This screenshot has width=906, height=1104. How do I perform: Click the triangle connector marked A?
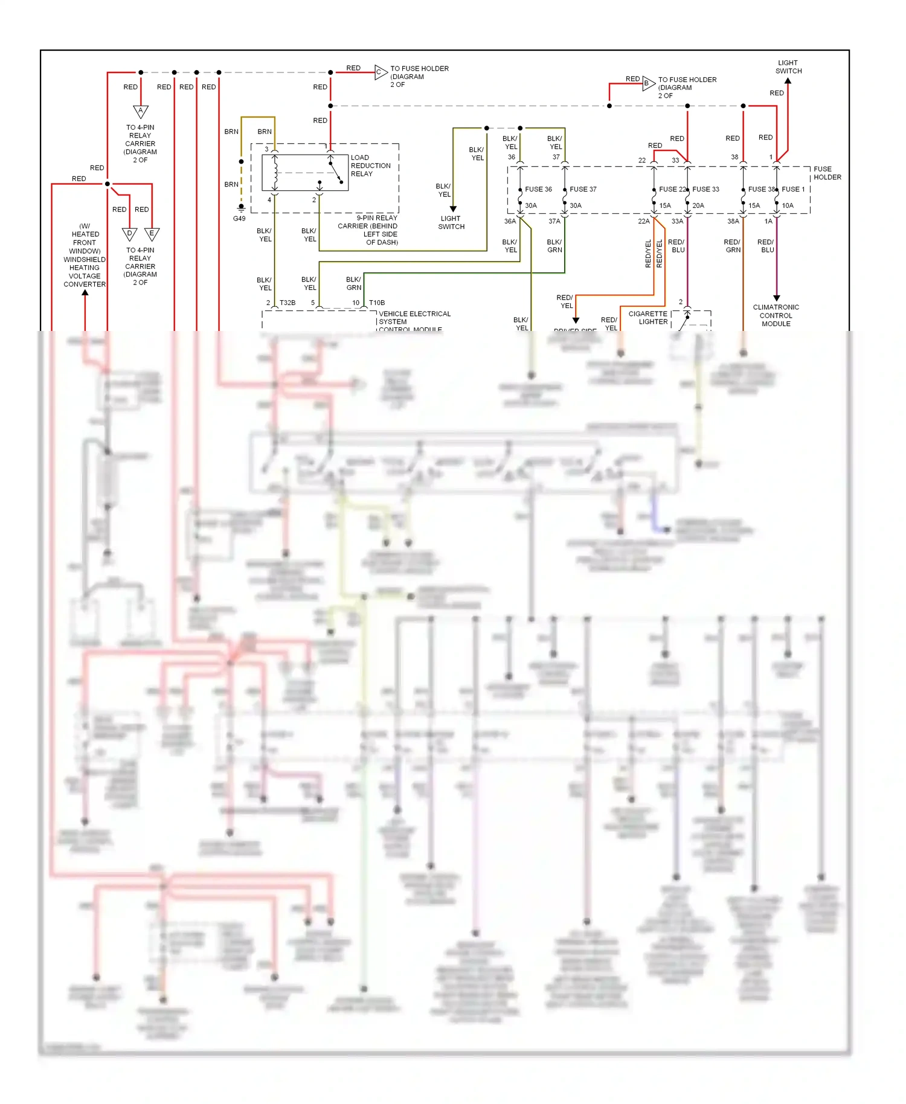[x=141, y=111]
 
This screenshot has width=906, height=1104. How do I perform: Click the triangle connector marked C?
[x=380, y=72]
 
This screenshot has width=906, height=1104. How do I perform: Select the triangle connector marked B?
[x=647, y=83]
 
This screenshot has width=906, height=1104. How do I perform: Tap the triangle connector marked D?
[x=130, y=234]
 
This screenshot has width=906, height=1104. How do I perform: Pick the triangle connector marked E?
[x=152, y=234]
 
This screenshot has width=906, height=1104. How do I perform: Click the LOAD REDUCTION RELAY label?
[x=370, y=165]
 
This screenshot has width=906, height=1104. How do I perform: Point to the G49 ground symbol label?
[x=239, y=219]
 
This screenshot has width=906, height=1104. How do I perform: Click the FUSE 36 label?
[x=538, y=189]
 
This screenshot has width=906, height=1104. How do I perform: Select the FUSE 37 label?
[x=583, y=189]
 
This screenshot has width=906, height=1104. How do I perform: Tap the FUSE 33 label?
[x=705, y=189]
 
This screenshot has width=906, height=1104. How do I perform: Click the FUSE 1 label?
[x=793, y=189]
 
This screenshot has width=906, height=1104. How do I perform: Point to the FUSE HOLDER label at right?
[x=827, y=173]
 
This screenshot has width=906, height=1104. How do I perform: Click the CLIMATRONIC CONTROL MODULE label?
[x=776, y=315]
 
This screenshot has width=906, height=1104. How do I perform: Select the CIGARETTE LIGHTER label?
[x=649, y=318]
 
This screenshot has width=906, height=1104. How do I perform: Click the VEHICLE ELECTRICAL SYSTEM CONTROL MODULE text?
[x=414, y=321]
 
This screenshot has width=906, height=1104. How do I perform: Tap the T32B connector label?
[x=288, y=303]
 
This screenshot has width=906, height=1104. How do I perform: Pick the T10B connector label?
[x=377, y=303]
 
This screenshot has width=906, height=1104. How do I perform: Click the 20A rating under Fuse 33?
[x=698, y=205]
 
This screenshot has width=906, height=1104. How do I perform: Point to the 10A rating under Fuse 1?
[x=788, y=205]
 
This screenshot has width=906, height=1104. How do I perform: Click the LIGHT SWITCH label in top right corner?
[x=788, y=67]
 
